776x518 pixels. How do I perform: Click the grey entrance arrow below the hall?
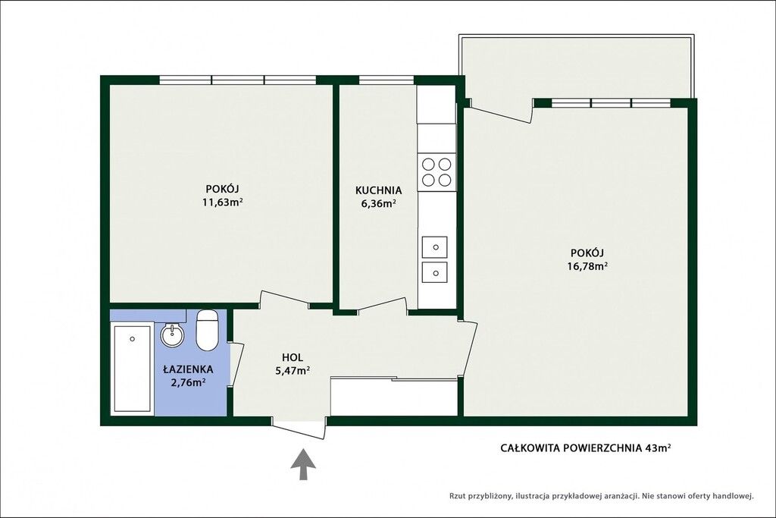[303, 464]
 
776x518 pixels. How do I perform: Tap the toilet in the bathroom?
[207, 330]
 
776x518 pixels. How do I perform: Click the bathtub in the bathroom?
[132, 368]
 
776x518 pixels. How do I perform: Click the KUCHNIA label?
[379, 190]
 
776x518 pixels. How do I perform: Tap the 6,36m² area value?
[379, 203]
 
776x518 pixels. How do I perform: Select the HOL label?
[293, 357]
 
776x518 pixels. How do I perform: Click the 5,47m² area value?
[293, 370]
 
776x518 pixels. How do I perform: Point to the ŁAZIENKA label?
[188, 369]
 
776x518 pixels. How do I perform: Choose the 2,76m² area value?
[188, 382]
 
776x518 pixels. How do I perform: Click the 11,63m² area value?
[222, 202]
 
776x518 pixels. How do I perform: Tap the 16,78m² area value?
[587, 266]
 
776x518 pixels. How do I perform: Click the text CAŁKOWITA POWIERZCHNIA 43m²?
[586, 448]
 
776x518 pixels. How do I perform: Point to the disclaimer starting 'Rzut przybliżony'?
[601, 495]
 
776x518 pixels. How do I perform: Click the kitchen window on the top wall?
[386, 80]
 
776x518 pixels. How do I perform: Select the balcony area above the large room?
[577, 67]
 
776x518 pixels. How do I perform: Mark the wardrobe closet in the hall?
[394, 397]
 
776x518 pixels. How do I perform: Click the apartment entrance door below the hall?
[299, 429]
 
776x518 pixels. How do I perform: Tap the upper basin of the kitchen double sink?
[434, 246]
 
